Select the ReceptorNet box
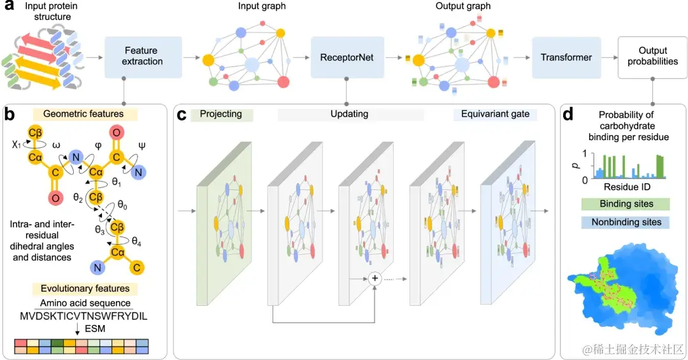(x=346, y=57)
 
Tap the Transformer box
(x=566, y=57)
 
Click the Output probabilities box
(x=652, y=56)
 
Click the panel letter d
(x=570, y=115)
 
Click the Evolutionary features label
(x=83, y=289)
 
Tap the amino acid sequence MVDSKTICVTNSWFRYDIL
(x=83, y=317)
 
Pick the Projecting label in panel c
(x=221, y=114)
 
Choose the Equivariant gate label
(x=495, y=114)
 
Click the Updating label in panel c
(x=349, y=114)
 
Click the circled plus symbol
(x=375, y=278)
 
